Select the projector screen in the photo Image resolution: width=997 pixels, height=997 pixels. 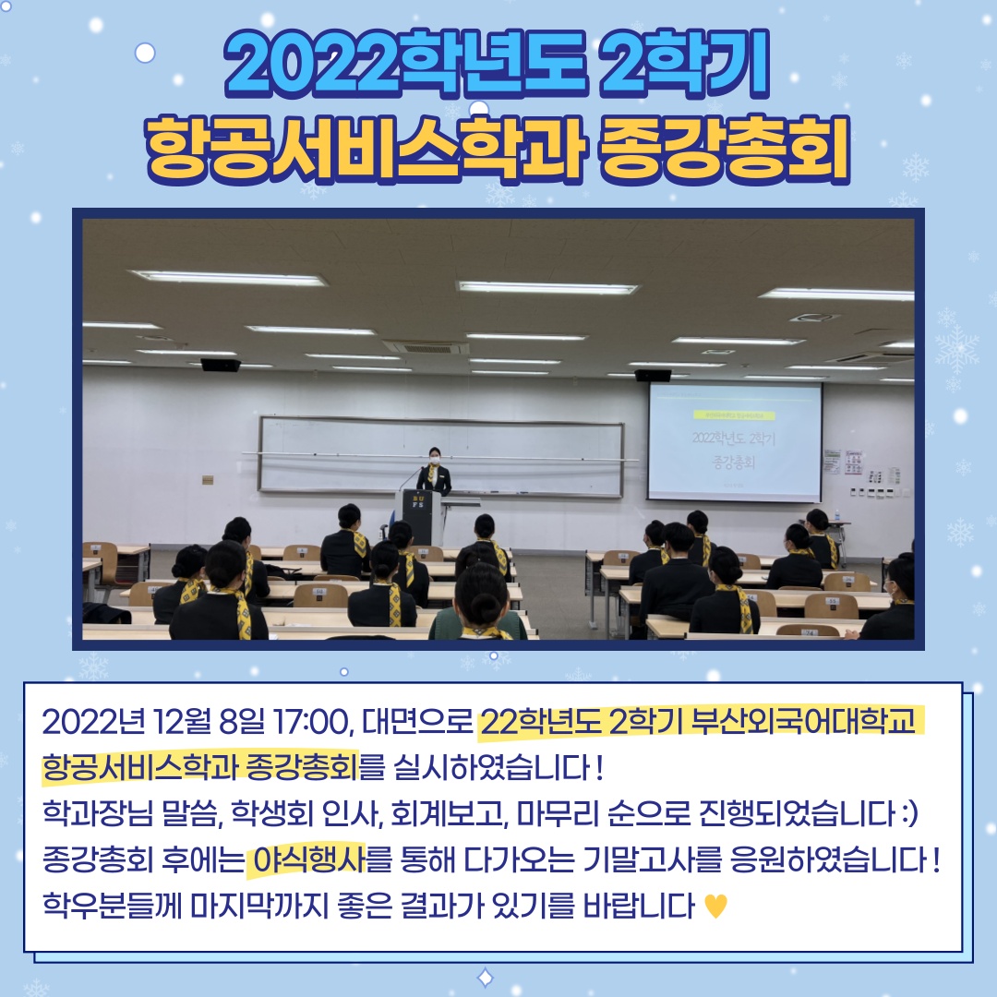click(734, 440)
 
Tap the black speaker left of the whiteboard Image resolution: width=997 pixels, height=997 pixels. click(221, 365)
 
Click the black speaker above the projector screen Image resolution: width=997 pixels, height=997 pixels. click(653, 375)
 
